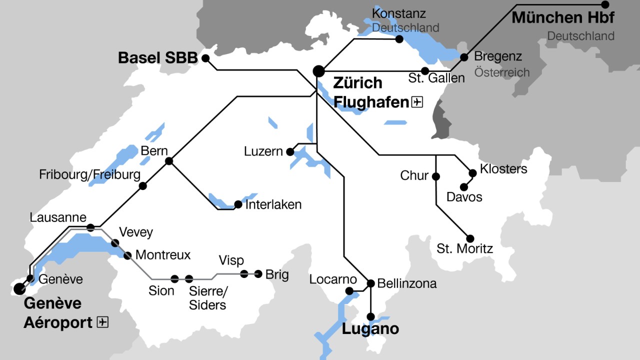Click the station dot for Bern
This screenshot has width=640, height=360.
tap(169, 161)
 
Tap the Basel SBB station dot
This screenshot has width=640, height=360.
tap(205, 58)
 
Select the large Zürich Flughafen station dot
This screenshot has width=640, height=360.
tap(318, 71)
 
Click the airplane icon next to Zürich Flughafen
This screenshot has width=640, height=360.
tap(417, 102)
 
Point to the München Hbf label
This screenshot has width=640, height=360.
tap(563, 18)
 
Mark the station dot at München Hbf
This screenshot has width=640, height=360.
tap(605, 4)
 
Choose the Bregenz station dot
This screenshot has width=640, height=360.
tap(464, 57)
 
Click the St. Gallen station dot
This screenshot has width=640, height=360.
tap(425, 71)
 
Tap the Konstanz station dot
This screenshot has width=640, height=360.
tap(399, 39)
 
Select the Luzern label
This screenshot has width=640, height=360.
tap(263, 151)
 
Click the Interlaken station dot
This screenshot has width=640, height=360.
tap(238, 204)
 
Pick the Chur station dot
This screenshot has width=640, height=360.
tap(436, 176)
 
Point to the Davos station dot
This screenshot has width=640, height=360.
tap(463, 187)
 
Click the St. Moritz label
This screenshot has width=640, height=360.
tap(464, 248)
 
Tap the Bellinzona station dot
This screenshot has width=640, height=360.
tap(370, 283)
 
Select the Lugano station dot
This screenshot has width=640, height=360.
tap(370, 316)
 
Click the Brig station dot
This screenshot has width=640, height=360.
tap(258, 273)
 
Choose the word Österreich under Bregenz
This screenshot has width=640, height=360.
tap(501, 72)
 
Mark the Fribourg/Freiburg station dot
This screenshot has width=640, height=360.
tap(143, 186)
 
